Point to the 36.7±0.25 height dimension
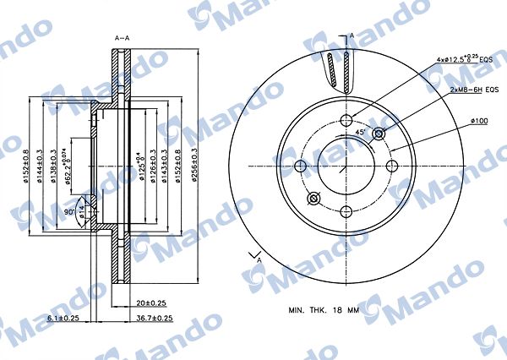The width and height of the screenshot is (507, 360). pyautogui.click(x=155, y=319)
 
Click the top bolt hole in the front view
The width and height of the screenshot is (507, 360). pyautogui.click(x=346, y=120)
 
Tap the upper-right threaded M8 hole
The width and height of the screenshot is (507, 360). pyautogui.click(x=379, y=134)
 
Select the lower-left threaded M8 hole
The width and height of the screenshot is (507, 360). pyautogui.click(x=313, y=199)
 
